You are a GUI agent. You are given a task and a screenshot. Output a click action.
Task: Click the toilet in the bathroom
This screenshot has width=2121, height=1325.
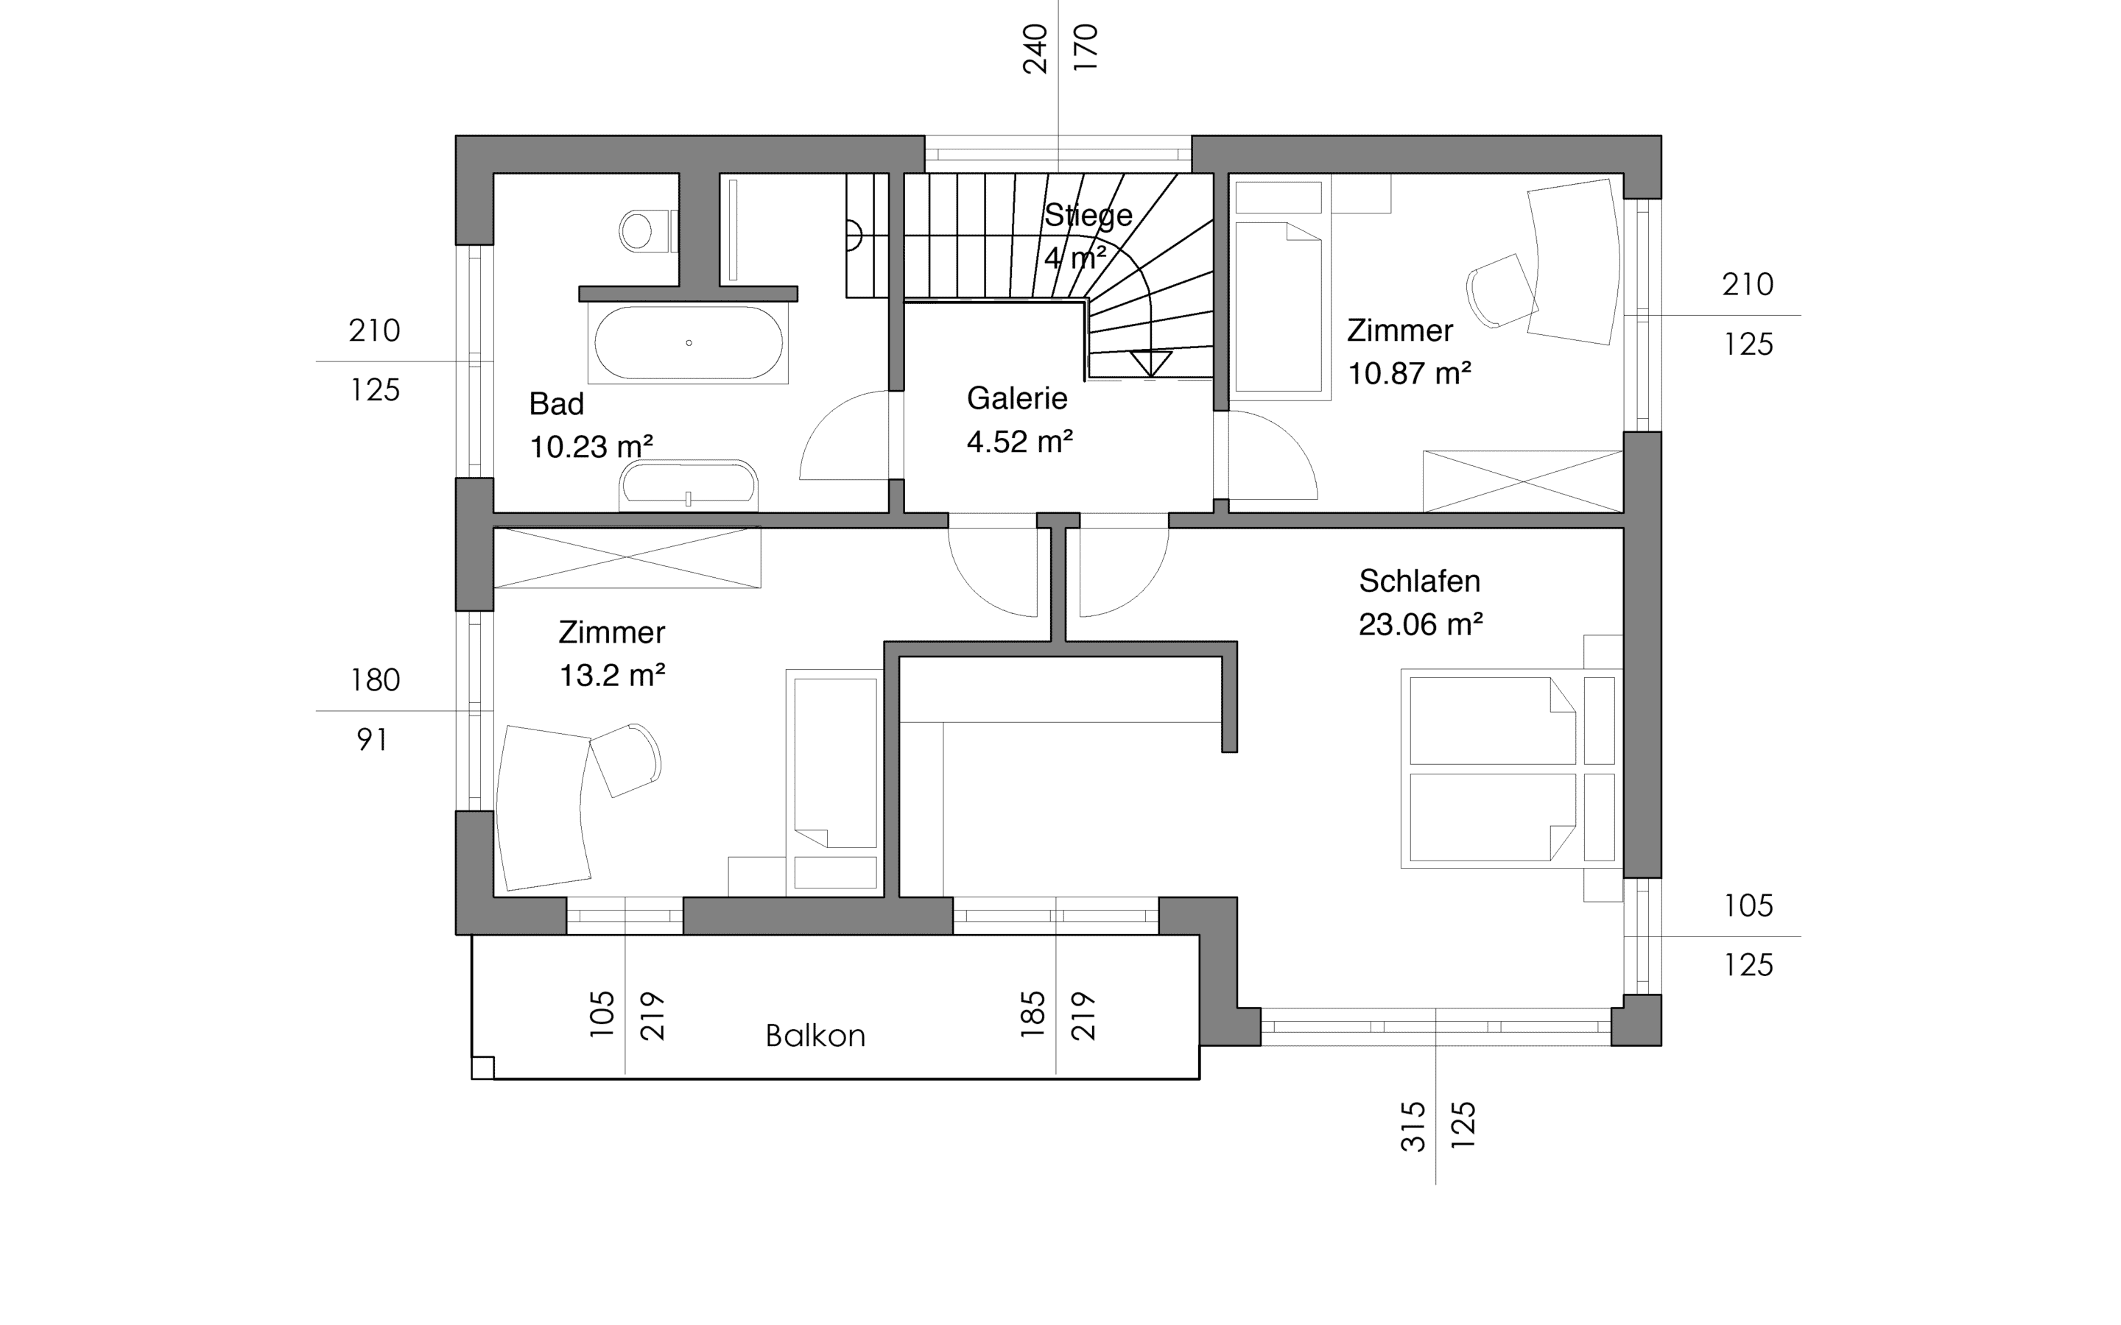tap(647, 231)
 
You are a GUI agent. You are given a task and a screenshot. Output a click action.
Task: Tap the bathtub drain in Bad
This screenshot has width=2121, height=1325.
tap(689, 342)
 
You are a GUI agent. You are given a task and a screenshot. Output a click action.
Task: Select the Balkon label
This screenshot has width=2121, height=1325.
tap(815, 1036)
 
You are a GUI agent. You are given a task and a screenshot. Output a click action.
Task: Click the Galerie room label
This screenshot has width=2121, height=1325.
tap(1016, 399)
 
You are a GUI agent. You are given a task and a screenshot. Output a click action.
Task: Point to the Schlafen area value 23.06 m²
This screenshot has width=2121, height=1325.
tap(1420, 625)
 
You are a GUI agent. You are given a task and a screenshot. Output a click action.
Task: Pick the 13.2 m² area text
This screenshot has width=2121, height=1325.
tap(612, 676)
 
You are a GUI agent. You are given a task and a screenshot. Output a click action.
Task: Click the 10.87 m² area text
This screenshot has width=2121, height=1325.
tap(1408, 374)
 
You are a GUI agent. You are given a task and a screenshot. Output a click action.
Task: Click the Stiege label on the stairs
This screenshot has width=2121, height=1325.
tap(1088, 215)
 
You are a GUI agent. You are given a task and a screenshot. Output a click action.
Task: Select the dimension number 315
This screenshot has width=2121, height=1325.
tap(1413, 1126)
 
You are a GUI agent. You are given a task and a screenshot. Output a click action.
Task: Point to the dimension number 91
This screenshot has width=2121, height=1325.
tap(373, 741)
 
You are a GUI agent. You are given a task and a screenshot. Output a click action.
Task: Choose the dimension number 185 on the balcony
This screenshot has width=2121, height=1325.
tap(1033, 1015)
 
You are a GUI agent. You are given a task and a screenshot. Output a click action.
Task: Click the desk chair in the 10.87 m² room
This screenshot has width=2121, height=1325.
tap(1502, 291)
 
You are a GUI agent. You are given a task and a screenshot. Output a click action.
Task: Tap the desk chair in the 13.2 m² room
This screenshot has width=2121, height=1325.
tap(625, 759)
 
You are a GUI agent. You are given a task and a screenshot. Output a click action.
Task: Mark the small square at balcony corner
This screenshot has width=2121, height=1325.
tap(483, 1067)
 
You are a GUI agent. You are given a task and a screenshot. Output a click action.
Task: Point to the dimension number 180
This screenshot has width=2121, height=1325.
tap(375, 680)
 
